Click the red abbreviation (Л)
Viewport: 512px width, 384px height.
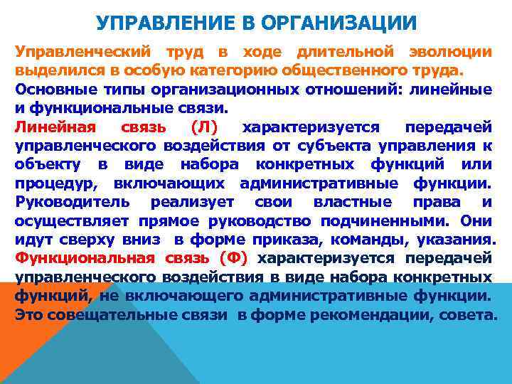pyautogui.click(x=206, y=127)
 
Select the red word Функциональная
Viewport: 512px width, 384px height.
pyautogui.click(x=80, y=257)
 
